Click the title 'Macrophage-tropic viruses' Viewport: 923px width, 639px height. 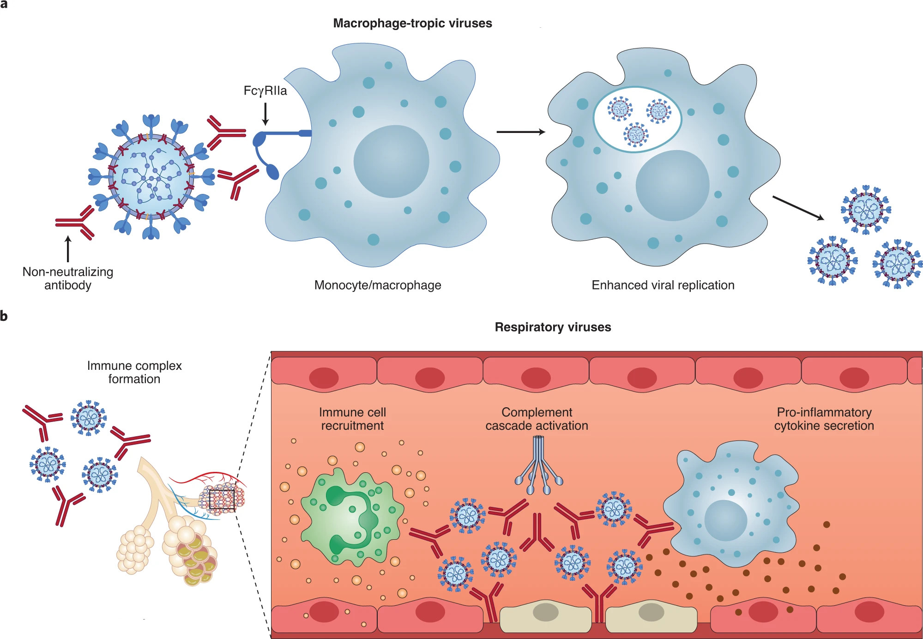click(412, 23)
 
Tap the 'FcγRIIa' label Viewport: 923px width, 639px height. click(265, 90)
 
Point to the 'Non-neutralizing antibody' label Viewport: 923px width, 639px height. click(68, 278)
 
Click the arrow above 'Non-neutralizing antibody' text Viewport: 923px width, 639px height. click(68, 249)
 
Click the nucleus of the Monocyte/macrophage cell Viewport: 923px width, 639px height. click(391, 161)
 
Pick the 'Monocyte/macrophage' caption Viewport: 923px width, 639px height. click(377, 285)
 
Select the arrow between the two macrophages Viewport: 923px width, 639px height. click(520, 132)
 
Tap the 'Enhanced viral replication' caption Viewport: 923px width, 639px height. click(663, 285)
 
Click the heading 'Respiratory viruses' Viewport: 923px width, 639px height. click(553, 327)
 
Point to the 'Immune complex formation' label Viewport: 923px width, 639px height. click(134, 372)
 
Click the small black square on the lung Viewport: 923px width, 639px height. click(222, 500)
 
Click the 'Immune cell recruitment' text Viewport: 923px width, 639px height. click(352, 419)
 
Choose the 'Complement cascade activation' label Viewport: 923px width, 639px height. click(537, 419)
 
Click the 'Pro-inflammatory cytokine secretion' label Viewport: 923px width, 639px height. click(824, 419)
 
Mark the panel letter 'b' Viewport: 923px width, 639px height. click(4, 316)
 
